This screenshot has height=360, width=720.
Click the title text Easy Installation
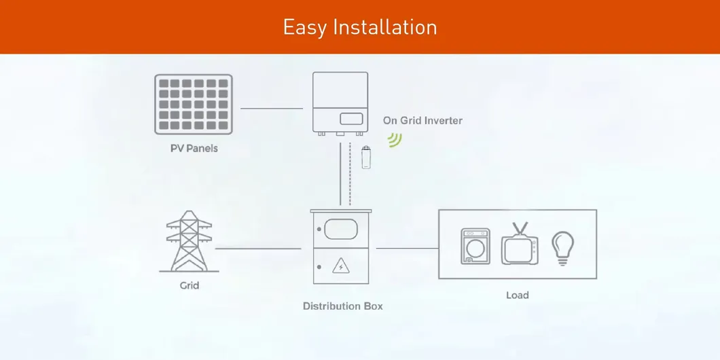(x=359, y=27)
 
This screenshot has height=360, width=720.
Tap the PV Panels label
(x=194, y=148)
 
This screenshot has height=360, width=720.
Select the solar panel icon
(x=194, y=104)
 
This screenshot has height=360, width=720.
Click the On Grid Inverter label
(x=422, y=120)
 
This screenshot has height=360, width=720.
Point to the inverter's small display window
(x=351, y=119)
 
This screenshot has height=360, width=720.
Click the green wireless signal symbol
(x=395, y=140)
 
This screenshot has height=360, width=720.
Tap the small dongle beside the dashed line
(x=366, y=157)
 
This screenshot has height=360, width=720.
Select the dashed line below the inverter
(x=350, y=174)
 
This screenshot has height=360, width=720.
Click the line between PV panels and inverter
(x=272, y=109)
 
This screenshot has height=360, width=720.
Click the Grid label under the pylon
(x=190, y=285)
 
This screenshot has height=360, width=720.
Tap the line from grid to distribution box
(x=258, y=249)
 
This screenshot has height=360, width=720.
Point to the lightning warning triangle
(x=341, y=266)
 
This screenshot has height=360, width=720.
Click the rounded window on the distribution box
(x=341, y=229)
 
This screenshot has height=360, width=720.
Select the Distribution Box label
(x=342, y=306)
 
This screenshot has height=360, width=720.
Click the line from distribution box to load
(x=408, y=249)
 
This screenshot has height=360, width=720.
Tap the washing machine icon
(x=475, y=246)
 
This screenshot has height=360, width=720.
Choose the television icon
(x=520, y=244)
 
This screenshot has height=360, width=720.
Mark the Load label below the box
(x=518, y=295)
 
